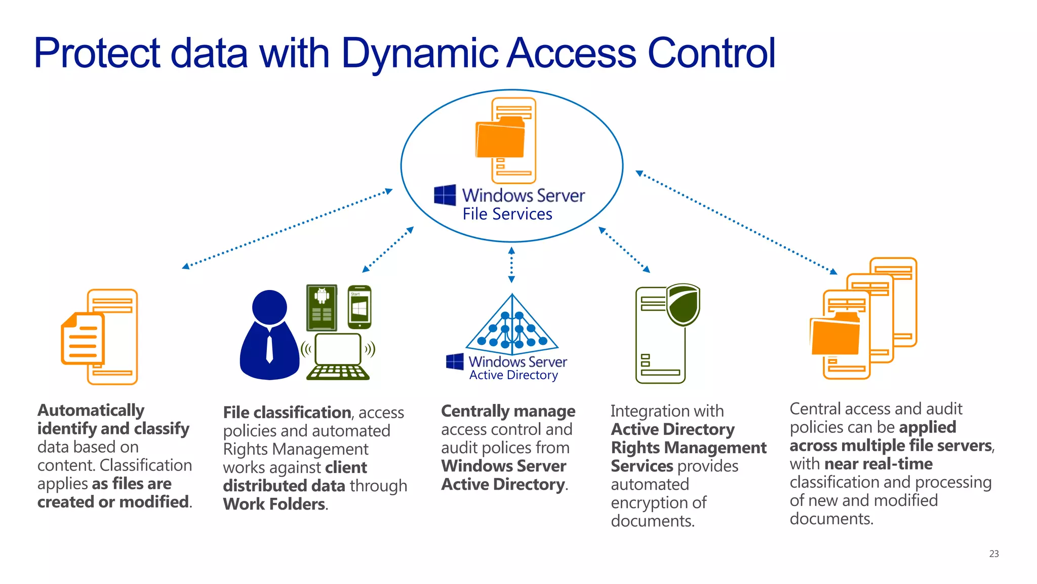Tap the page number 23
993,554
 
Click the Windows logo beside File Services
445,195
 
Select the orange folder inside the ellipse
500,138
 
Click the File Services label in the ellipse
507,214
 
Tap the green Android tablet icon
322,307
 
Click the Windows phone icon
360,307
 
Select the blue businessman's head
269,307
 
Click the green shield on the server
683,304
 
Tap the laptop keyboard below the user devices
338,372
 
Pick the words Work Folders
274,504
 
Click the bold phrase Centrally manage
508,411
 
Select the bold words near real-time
878,464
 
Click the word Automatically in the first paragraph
91,410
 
